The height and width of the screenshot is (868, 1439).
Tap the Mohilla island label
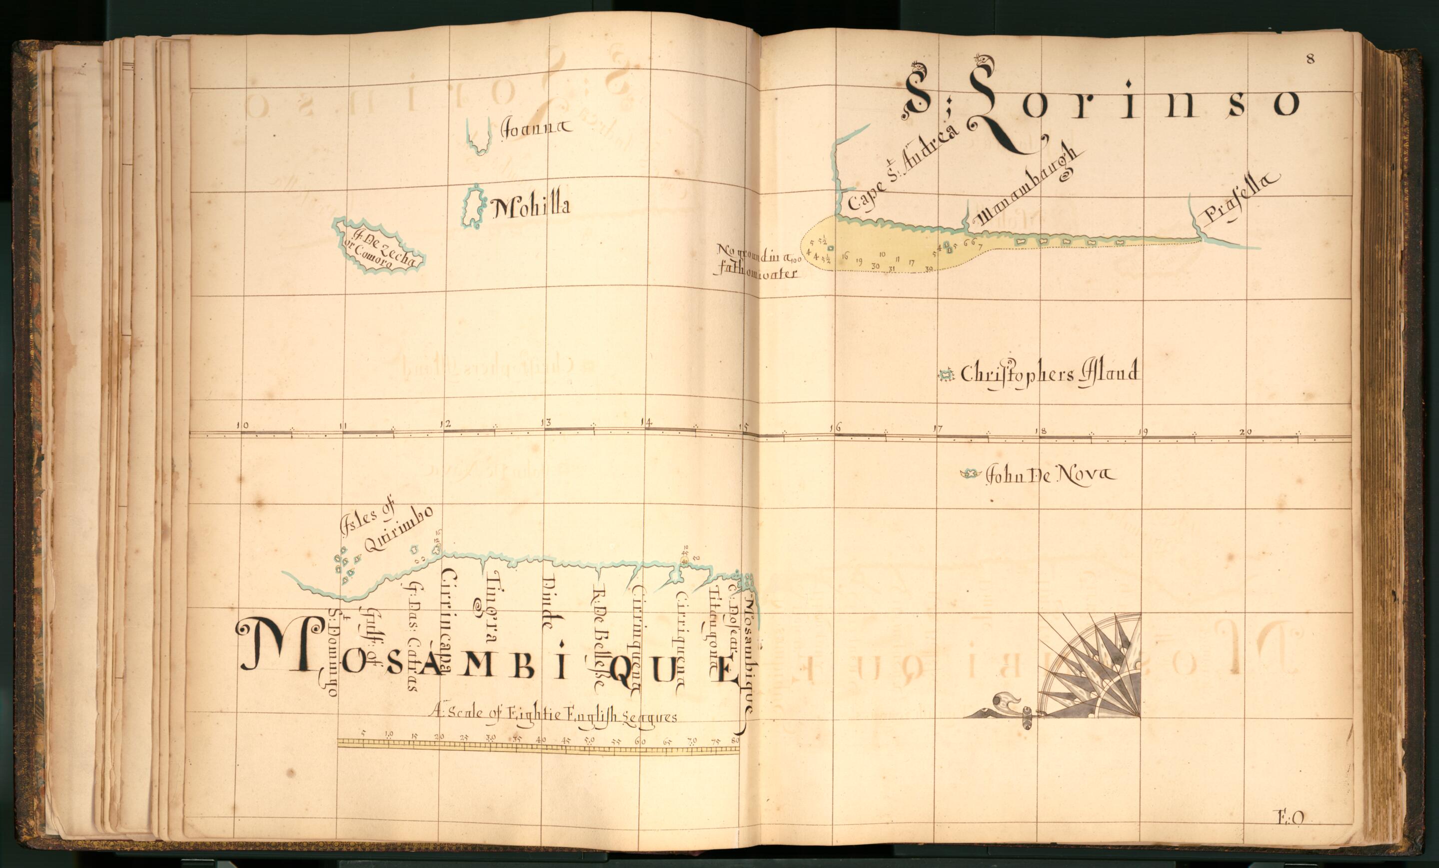coord(530,206)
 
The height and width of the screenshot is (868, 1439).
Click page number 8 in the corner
coord(1311,59)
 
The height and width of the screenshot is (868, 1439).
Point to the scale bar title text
coord(552,714)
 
